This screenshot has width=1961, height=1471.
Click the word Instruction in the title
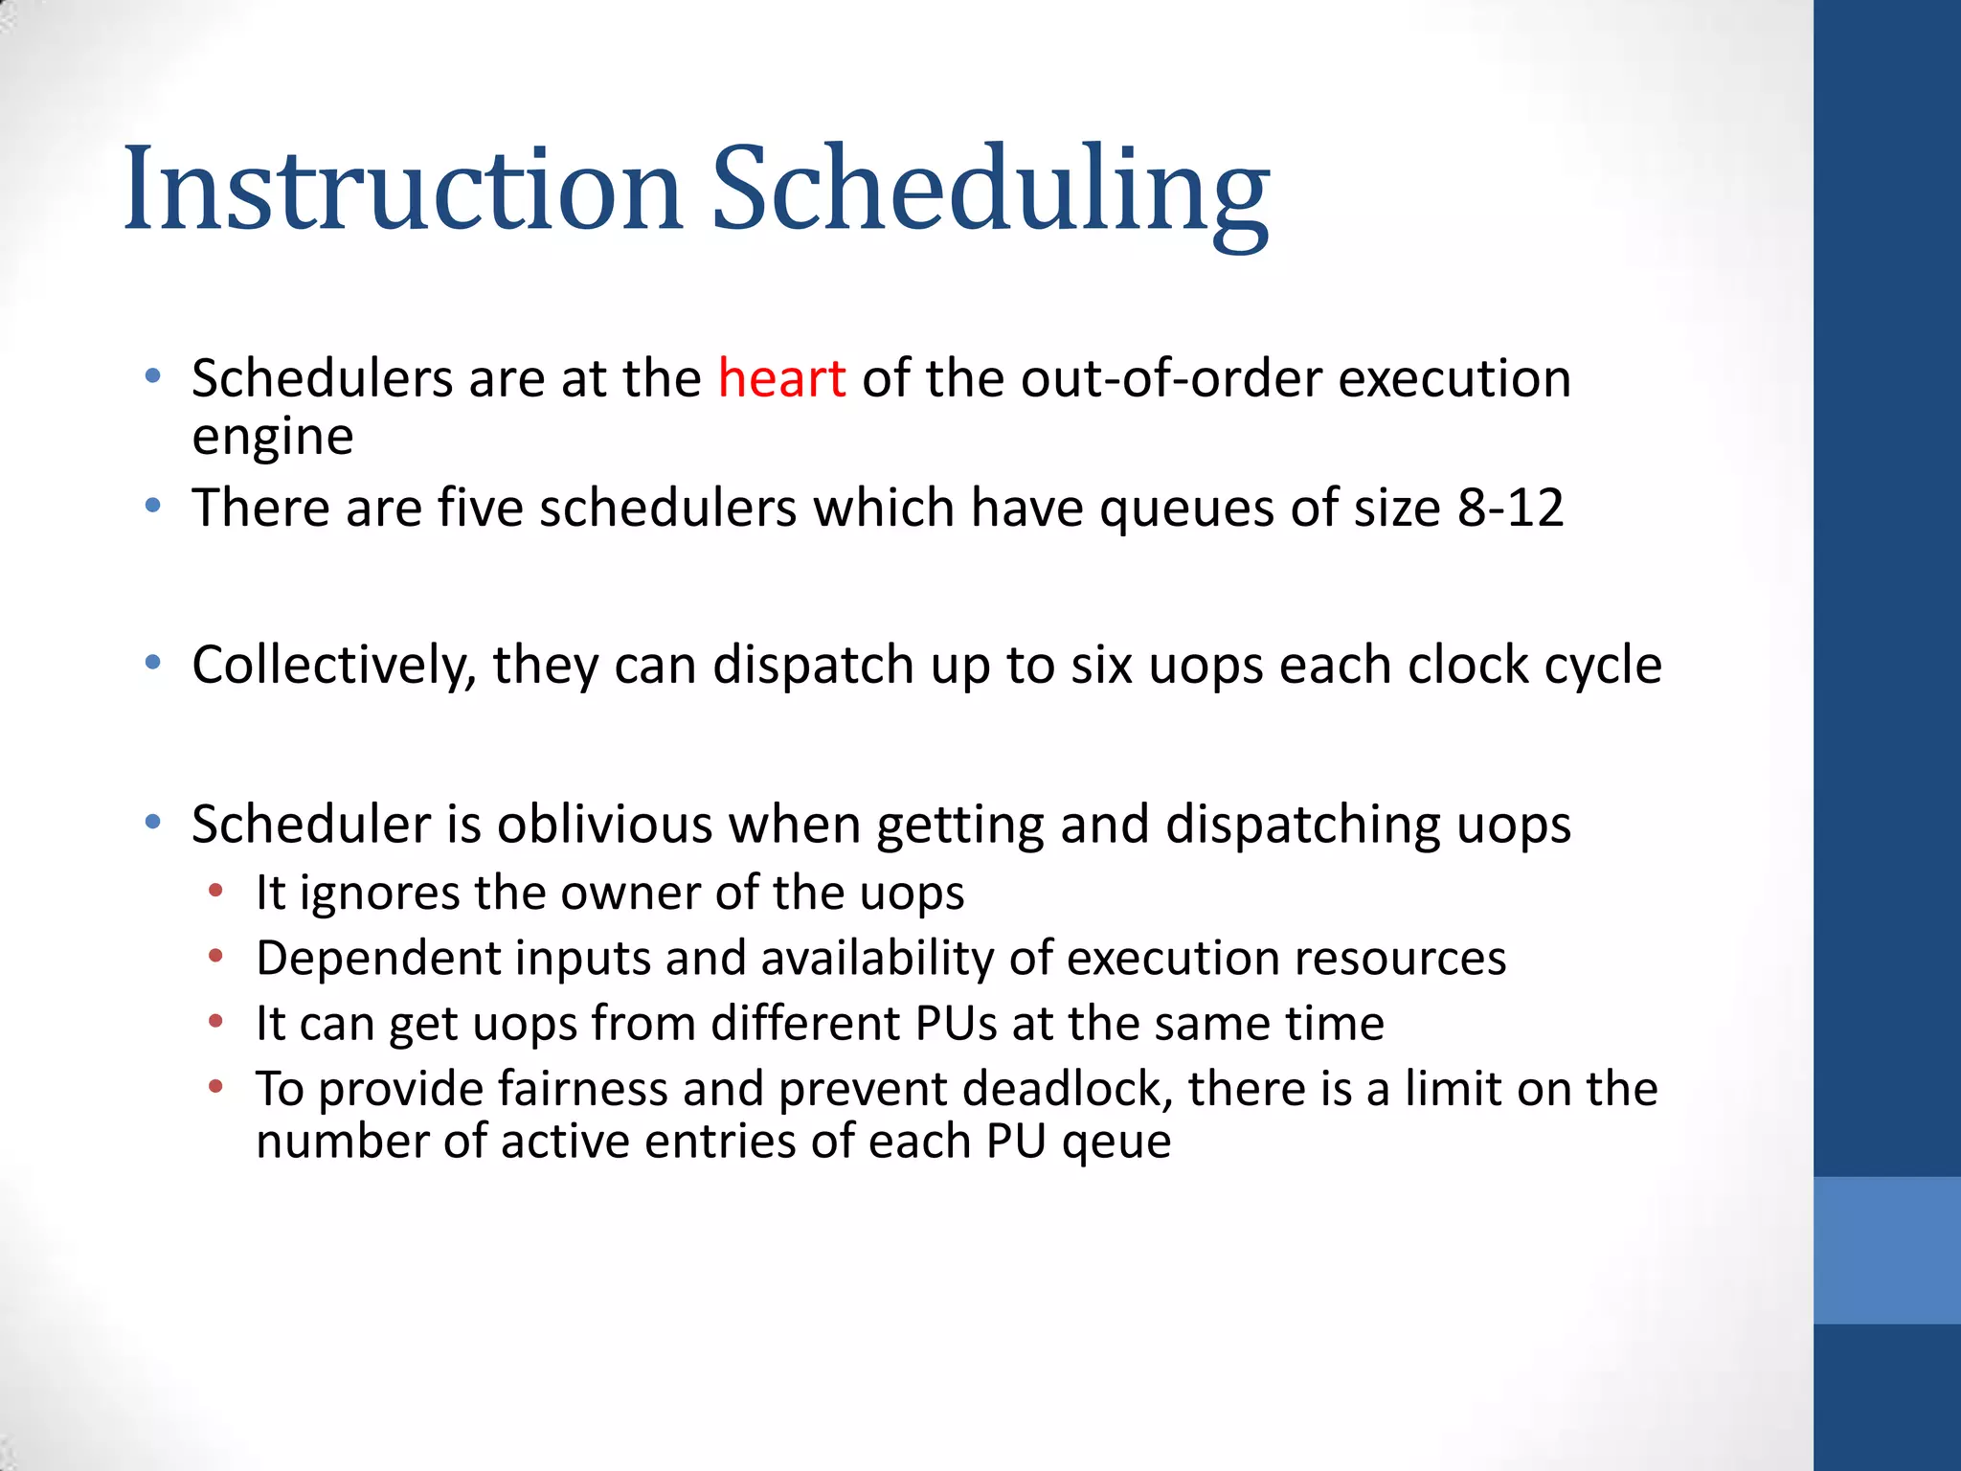click(402, 188)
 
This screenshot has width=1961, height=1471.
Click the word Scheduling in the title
click(990, 188)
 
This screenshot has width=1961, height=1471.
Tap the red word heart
click(781, 378)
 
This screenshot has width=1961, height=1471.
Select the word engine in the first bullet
click(273, 438)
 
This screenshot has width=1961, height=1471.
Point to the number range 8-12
click(1510, 508)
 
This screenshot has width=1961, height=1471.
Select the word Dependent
click(378, 959)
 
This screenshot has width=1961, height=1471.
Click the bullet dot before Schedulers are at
click(153, 375)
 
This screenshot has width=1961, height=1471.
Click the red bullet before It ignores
click(216, 891)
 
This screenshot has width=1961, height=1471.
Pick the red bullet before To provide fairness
click(216, 1086)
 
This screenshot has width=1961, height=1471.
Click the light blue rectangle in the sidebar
click(1886, 1250)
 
